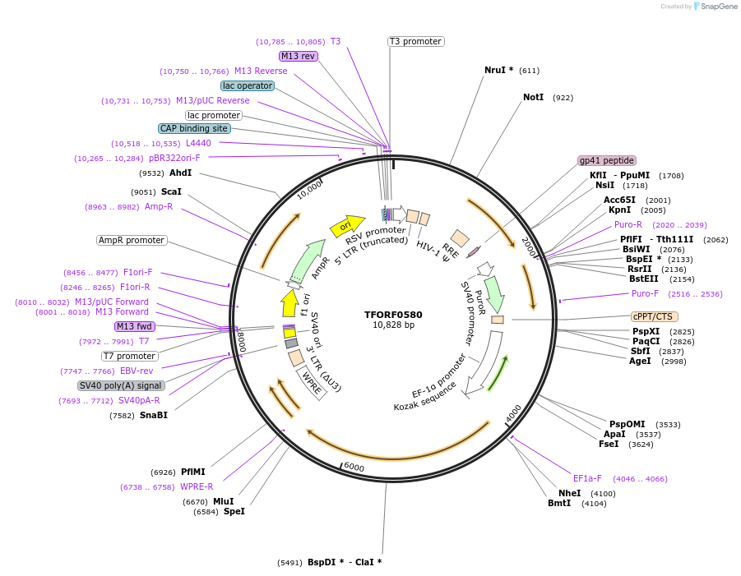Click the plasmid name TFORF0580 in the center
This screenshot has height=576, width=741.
pyautogui.click(x=393, y=315)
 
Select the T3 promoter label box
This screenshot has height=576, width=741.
pyautogui.click(x=415, y=41)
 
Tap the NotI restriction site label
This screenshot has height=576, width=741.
pyautogui.click(x=533, y=97)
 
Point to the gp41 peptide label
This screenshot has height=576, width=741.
pyautogui.click(x=607, y=160)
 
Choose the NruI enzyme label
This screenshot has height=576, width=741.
pyautogui.click(x=498, y=70)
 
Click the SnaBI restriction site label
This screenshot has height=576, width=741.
pyautogui.click(x=153, y=415)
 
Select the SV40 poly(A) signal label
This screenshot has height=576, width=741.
pyautogui.click(x=121, y=385)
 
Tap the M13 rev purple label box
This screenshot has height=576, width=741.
pyautogui.click(x=298, y=56)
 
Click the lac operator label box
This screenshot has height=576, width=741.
pyautogui.click(x=247, y=85)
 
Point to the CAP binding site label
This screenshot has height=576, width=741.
pyautogui.click(x=194, y=128)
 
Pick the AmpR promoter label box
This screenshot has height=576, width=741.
pyautogui.click(x=132, y=240)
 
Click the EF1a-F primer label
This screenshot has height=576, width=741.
pyautogui.click(x=587, y=477)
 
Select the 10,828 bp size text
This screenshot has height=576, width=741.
pyautogui.click(x=393, y=325)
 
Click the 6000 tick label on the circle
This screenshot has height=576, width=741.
pyautogui.click(x=354, y=467)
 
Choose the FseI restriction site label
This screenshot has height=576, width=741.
pyautogui.click(x=609, y=444)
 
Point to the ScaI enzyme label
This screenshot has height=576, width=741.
pyautogui.click(x=171, y=191)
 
